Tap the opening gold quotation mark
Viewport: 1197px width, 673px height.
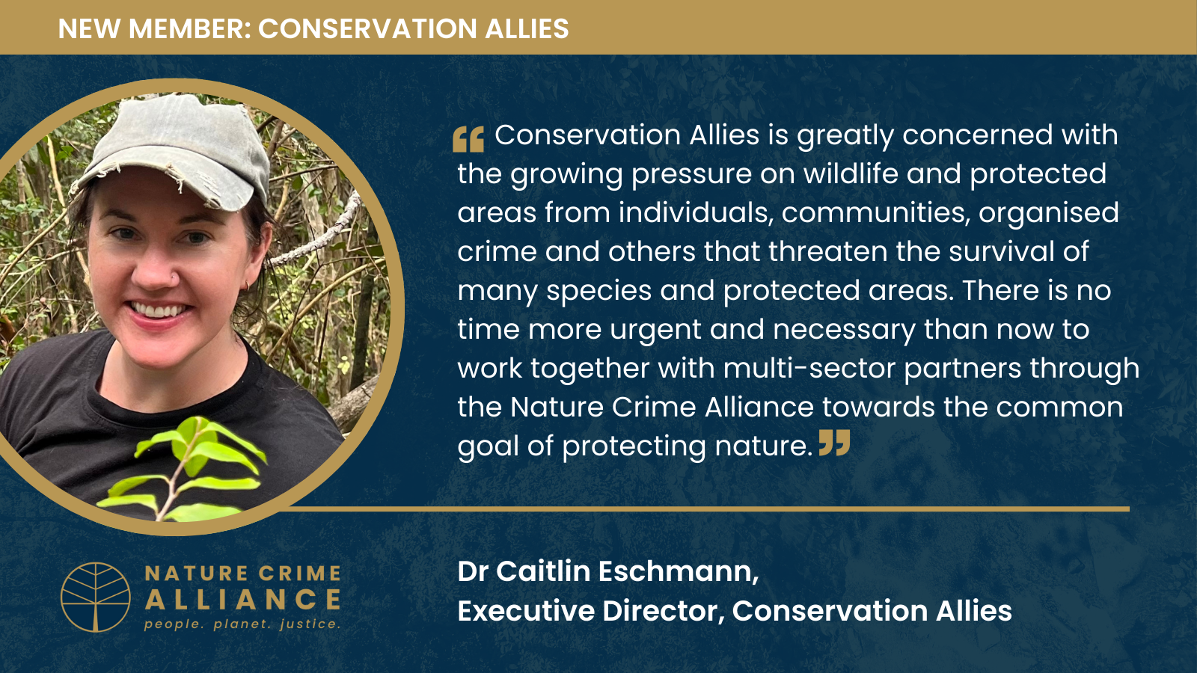[x=468, y=139]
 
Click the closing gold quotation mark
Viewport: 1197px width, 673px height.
[x=834, y=443]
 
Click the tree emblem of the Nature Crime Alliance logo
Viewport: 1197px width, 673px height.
[x=96, y=597]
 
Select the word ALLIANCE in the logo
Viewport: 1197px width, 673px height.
[x=243, y=600]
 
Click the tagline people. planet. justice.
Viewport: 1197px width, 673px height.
[x=242, y=624]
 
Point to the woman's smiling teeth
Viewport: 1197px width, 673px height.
[x=159, y=310]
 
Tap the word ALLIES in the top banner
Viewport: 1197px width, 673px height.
[x=527, y=29]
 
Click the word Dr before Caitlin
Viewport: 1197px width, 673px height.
[x=473, y=571]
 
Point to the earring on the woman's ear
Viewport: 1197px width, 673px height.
[x=245, y=285]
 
